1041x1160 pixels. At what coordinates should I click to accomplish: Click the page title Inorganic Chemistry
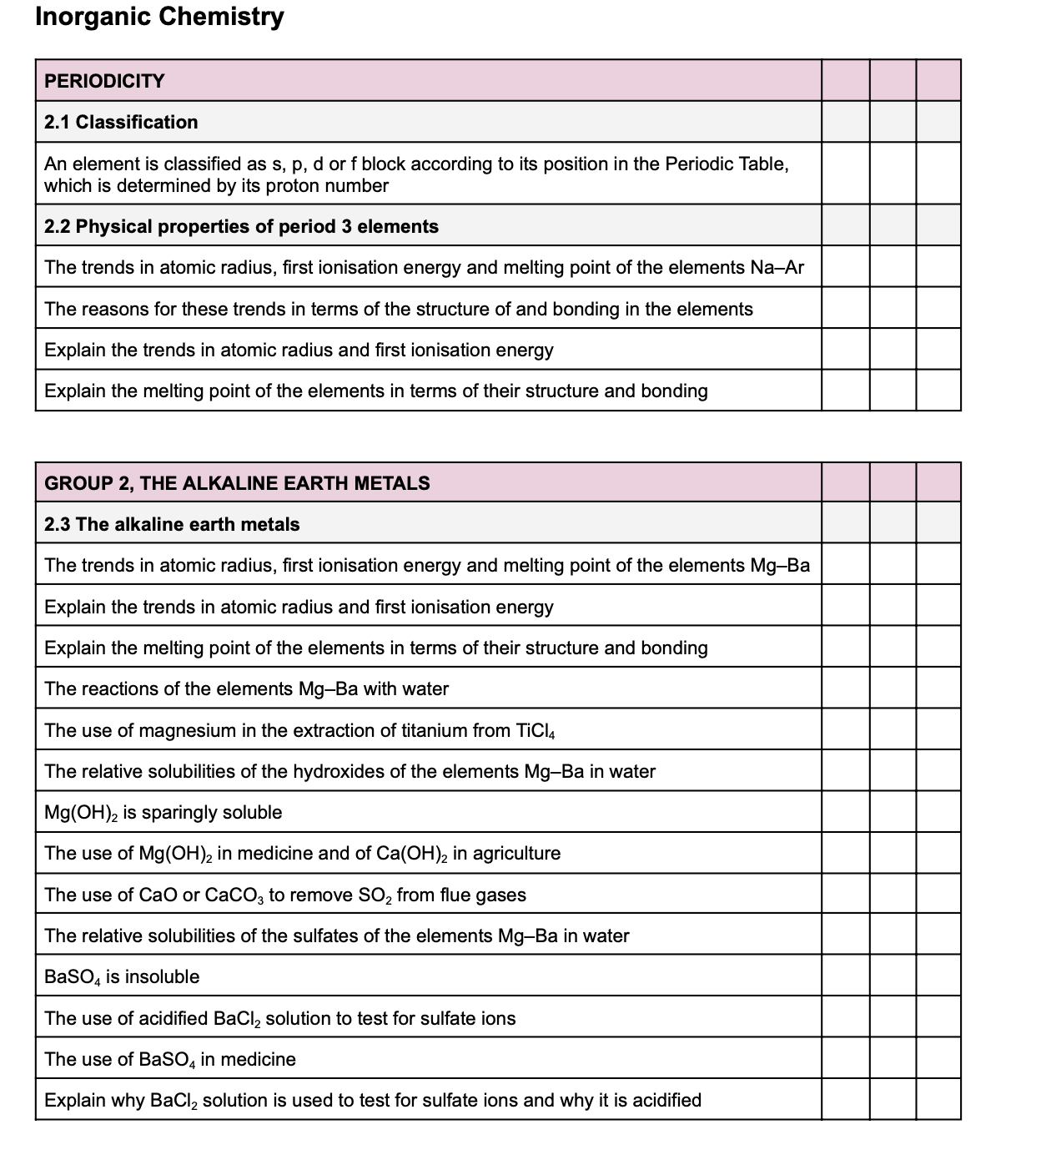(x=159, y=17)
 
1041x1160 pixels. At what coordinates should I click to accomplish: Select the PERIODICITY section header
(x=104, y=81)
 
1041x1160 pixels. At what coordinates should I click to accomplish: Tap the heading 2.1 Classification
(x=121, y=122)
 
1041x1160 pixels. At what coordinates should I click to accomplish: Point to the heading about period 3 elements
(x=241, y=226)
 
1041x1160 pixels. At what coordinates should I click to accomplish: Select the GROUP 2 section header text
(x=237, y=483)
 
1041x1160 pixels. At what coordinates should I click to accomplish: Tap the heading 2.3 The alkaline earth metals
(x=172, y=524)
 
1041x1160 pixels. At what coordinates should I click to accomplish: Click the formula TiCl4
(x=536, y=731)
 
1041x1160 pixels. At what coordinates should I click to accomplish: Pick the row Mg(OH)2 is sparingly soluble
(x=163, y=813)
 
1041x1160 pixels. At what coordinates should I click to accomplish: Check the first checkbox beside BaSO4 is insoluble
(x=845, y=976)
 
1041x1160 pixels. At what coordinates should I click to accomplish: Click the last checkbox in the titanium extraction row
(x=938, y=729)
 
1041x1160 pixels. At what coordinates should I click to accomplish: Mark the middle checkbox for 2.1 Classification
(x=892, y=122)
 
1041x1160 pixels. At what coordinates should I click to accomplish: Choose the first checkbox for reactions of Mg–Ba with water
(x=845, y=688)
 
